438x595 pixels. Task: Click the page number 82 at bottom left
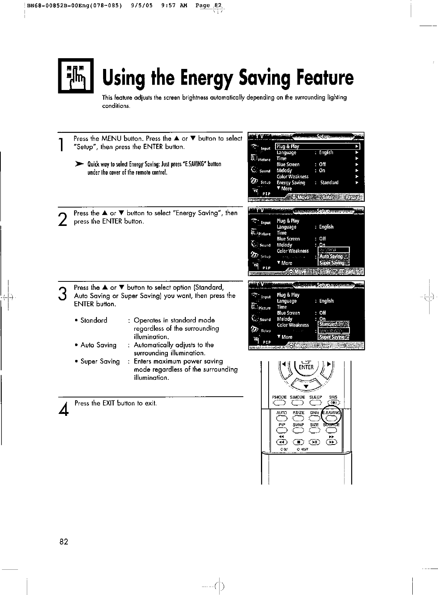(x=64, y=542)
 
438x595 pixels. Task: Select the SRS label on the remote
(x=333, y=397)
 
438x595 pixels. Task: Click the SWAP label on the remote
(x=298, y=425)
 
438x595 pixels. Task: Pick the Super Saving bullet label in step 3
(x=100, y=361)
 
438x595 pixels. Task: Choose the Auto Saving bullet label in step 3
(x=98, y=345)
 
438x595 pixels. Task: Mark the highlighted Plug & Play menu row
(x=318, y=146)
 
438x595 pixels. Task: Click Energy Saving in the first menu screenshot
(x=291, y=183)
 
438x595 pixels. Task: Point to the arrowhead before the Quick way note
(x=80, y=164)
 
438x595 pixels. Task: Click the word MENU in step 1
(x=111, y=139)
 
